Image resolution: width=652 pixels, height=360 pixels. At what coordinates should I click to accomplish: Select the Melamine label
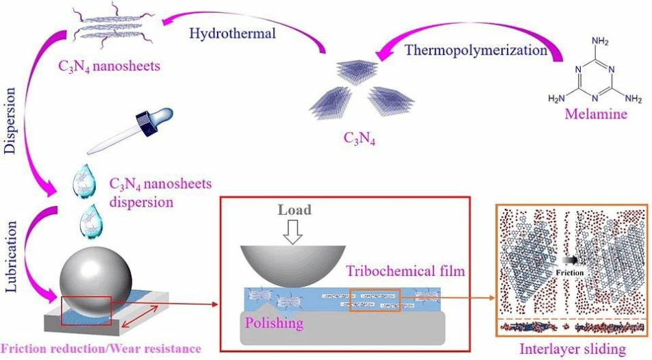(596, 114)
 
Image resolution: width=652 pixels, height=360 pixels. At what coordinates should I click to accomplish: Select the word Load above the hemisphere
(295, 209)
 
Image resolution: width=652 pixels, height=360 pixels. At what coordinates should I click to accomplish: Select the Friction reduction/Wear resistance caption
(101, 348)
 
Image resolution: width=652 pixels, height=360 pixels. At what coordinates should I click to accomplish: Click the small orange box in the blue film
(375, 301)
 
